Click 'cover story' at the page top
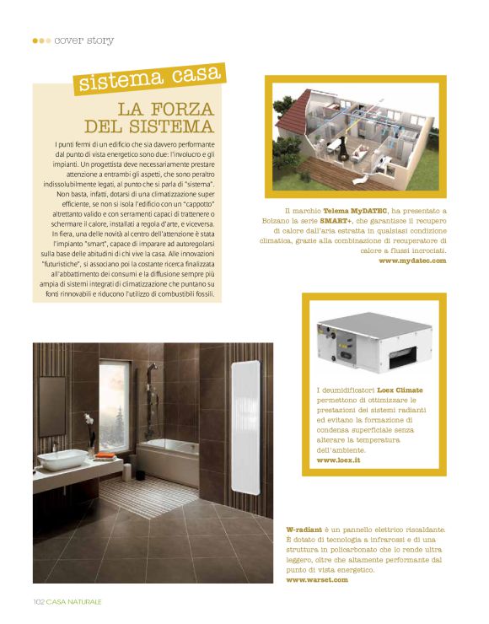[x=83, y=40]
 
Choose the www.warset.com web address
[x=317, y=580]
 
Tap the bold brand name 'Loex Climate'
[x=400, y=390]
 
